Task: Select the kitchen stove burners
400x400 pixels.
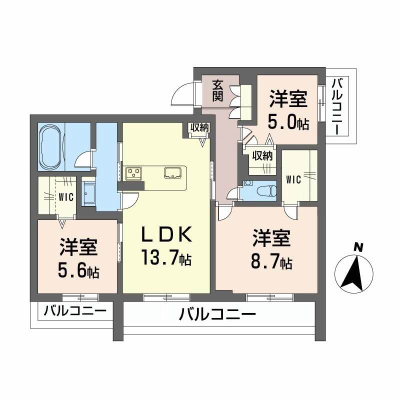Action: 134,173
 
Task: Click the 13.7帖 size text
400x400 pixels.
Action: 165,258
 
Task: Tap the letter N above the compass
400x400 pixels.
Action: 357,247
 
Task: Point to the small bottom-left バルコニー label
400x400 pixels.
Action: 74,311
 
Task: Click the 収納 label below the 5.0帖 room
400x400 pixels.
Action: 262,155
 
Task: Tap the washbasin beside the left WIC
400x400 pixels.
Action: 90,191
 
